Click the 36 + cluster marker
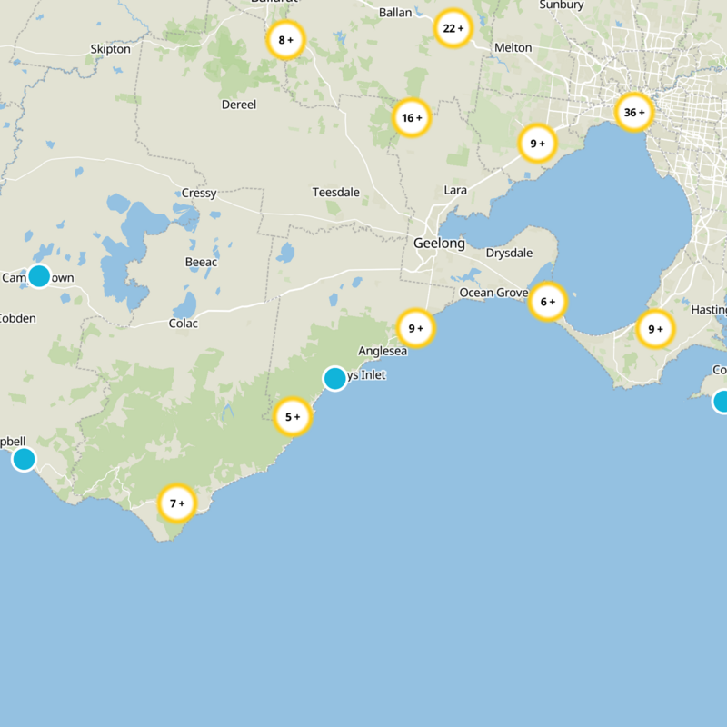point(633,113)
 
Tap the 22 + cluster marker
point(453,28)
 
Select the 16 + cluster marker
point(412,118)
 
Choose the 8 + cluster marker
point(286,40)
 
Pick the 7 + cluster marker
point(176,503)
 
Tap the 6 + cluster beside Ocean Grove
point(547,301)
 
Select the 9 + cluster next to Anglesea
point(415,328)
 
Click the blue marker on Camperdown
point(39,276)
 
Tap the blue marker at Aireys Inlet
point(335,378)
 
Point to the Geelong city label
point(439,244)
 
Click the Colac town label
point(183,324)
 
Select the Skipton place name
point(111,49)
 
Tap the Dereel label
point(239,105)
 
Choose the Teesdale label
point(336,193)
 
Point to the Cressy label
point(199,194)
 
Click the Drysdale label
point(509,253)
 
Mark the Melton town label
point(513,47)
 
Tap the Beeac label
point(201,263)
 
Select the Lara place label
point(455,190)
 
